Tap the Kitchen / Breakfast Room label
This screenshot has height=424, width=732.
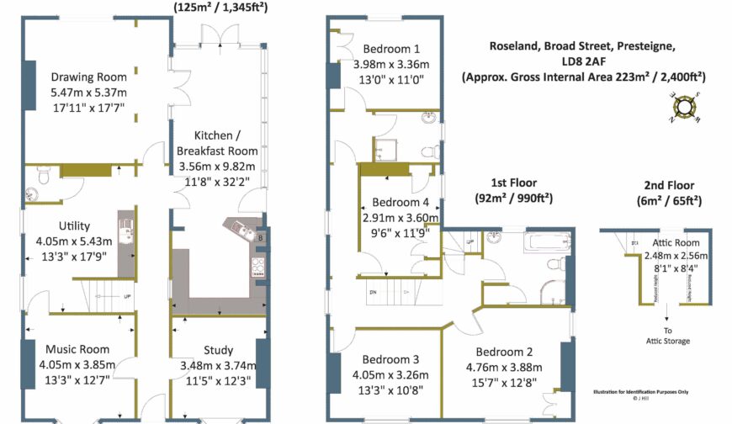coord(217,143)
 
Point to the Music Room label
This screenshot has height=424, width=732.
coord(77,349)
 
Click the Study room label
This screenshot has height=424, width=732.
coord(219,350)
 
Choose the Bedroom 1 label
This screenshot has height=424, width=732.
coord(391,49)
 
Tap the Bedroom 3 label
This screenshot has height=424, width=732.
coord(386,359)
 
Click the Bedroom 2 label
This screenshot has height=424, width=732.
coord(504,352)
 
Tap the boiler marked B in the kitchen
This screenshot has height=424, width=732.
coord(261,239)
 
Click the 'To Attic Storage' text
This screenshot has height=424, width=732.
coord(666,336)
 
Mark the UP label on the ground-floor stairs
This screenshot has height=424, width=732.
coord(126,297)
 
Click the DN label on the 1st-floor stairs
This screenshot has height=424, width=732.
coord(374,291)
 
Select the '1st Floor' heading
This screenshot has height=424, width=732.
coord(513,183)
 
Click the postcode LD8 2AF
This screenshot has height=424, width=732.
coord(583,61)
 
